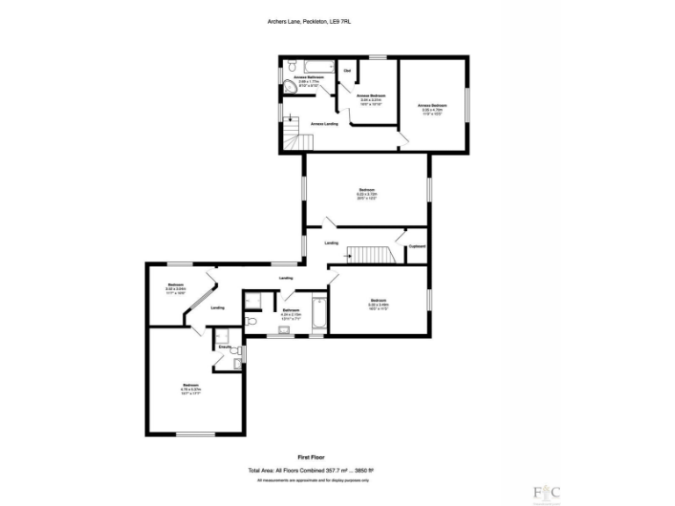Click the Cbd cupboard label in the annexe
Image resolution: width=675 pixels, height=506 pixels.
pyautogui.click(x=347, y=70)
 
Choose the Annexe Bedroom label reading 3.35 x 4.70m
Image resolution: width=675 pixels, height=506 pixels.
pyautogui.click(x=434, y=109)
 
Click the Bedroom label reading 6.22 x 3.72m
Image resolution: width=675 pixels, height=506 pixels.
pyautogui.click(x=367, y=194)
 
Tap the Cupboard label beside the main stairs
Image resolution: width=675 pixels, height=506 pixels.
pyautogui.click(x=417, y=246)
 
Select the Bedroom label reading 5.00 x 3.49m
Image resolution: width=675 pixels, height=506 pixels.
pyautogui.click(x=379, y=304)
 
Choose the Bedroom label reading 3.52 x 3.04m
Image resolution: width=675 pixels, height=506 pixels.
pyautogui.click(x=176, y=286)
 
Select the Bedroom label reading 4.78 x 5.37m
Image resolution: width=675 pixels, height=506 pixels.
pyautogui.click(x=192, y=387)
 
